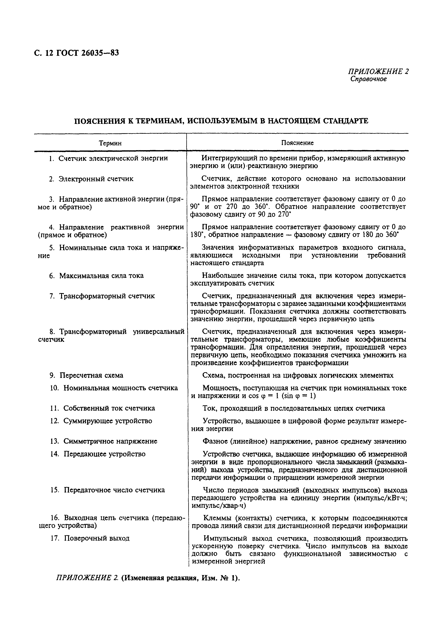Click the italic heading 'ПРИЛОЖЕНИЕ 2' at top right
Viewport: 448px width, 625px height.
[378, 72]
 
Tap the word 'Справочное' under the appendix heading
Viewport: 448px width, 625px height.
[368, 79]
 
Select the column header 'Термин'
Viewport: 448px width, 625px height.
[110, 143]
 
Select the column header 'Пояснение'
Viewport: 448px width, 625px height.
[297, 143]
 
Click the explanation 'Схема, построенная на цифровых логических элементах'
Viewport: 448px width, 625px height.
[297, 375]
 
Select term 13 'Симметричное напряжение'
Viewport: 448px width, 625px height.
[104, 441]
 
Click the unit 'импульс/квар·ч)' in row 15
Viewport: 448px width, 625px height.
[219, 506]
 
